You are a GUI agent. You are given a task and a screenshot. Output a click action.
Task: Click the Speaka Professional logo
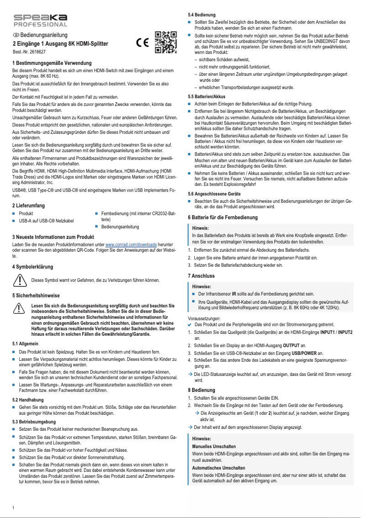[x=40, y=21]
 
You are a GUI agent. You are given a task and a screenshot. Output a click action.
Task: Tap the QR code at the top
[x=166, y=42]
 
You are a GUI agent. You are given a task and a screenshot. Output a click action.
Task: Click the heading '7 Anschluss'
[x=201, y=276]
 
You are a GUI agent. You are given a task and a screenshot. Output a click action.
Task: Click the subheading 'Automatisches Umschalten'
[x=219, y=468]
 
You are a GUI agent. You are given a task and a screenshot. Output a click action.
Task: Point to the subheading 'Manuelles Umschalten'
[x=214, y=446]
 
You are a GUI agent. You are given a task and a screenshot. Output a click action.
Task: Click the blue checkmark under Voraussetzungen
[x=190, y=324]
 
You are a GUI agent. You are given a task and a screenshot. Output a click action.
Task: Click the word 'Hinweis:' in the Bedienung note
[x=201, y=439]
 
